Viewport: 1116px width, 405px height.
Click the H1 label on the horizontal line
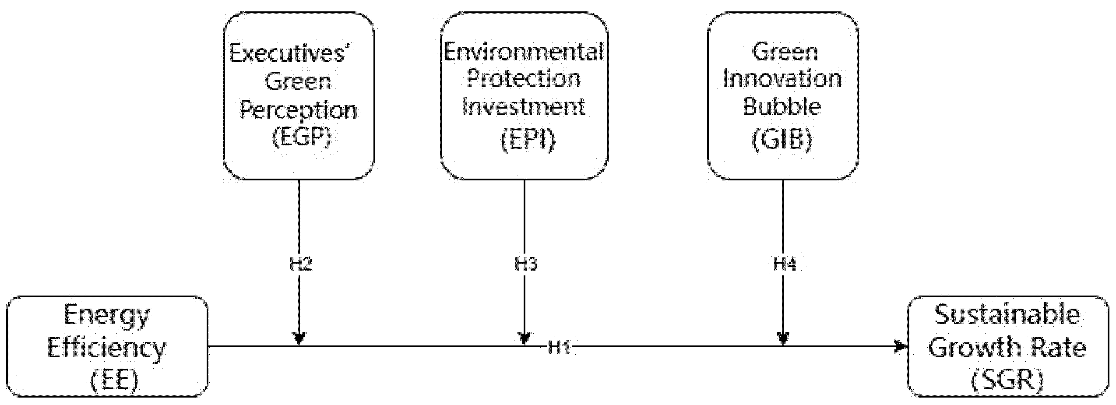559,348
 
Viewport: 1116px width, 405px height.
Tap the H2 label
301,264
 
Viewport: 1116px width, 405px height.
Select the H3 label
525,264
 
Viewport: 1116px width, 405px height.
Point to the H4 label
784,264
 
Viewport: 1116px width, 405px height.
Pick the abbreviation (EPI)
527,140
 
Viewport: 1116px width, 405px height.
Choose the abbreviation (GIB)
782,140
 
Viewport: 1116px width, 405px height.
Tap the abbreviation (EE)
114,380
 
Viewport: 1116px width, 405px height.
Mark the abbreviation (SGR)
1007,380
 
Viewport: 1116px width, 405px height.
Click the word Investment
524,107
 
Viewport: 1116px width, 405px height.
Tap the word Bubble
782,107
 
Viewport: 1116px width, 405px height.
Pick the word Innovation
782,79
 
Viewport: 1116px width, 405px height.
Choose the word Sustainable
1007,315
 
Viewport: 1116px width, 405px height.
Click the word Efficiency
107,348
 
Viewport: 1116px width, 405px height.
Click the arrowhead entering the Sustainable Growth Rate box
900,347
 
